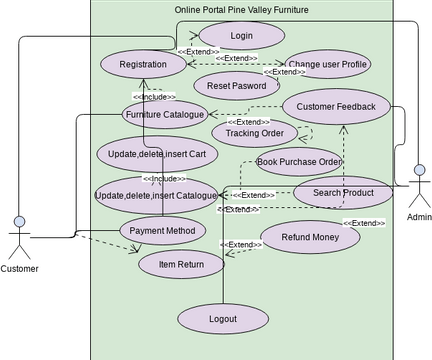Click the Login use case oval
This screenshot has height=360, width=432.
coord(241,36)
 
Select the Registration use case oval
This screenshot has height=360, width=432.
coord(143,64)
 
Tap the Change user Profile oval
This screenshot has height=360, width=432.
coord(328,64)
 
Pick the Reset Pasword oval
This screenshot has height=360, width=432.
coord(236,86)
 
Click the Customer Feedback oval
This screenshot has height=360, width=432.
coord(336,106)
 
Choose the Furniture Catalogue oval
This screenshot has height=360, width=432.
coord(165,115)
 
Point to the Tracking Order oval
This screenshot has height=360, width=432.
coord(254,133)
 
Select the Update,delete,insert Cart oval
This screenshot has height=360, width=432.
coord(157,154)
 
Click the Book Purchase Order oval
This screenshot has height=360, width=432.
coord(300,161)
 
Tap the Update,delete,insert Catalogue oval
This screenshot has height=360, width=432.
coord(156,195)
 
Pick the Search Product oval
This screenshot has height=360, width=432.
coord(343,193)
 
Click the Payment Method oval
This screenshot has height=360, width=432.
coord(162,231)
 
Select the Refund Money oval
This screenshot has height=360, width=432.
coord(310,237)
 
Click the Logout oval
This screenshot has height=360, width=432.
coord(223,319)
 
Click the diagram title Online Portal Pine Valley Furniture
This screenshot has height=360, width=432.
coord(241,10)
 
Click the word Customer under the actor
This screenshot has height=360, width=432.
coord(19,268)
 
